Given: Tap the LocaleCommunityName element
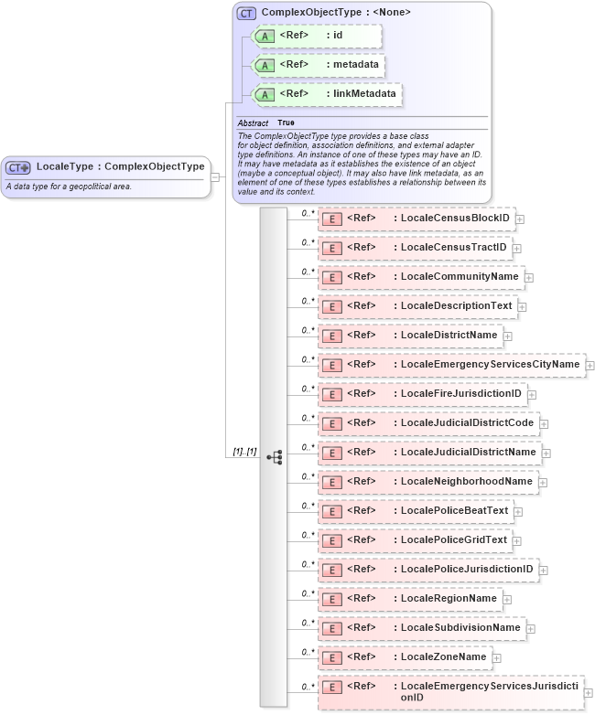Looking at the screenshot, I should click(420, 276).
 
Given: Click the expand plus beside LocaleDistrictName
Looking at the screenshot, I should click(507, 336).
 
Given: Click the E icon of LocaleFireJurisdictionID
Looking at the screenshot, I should click(332, 394).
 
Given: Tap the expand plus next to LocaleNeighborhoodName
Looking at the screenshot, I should click(542, 482).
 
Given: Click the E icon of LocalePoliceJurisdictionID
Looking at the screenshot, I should click(332, 570).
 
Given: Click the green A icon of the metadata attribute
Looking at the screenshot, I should click(265, 66).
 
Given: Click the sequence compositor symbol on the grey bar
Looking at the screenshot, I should click(274, 456).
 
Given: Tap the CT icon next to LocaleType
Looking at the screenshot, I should click(18, 167).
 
